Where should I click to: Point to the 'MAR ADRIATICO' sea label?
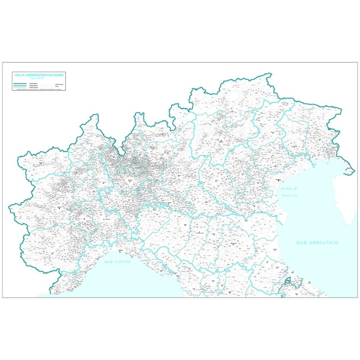click(x=317, y=243)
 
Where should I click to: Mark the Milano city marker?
click(x=130, y=181)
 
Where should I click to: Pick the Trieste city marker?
click(x=347, y=168)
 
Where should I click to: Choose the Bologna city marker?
click(x=233, y=243)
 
